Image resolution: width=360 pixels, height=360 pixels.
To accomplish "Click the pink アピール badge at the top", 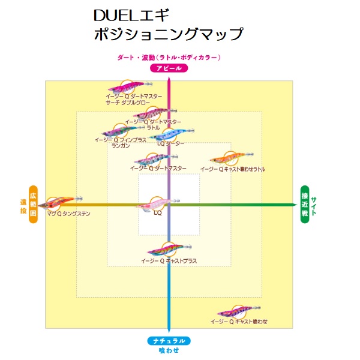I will (x=169, y=68).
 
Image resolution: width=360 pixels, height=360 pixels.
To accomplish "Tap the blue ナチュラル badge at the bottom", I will (x=169, y=341).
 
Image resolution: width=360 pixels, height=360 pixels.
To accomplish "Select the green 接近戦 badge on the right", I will (x=305, y=205).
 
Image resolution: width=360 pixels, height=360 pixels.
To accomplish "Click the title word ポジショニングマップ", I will (x=169, y=34).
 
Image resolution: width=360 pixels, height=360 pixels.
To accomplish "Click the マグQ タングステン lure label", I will (x=68, y=213).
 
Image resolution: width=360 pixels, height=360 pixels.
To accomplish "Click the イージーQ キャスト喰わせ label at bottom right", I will (x=239, y=322).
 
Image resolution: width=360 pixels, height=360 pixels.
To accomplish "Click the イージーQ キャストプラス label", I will (x=169, y=261).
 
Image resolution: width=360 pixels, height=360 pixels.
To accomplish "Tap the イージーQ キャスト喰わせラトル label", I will (x=233, y=169).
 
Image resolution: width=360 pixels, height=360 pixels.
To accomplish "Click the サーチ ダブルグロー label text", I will (x=128, y=102).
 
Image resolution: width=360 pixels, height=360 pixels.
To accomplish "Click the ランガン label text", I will (x=121, y=146).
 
